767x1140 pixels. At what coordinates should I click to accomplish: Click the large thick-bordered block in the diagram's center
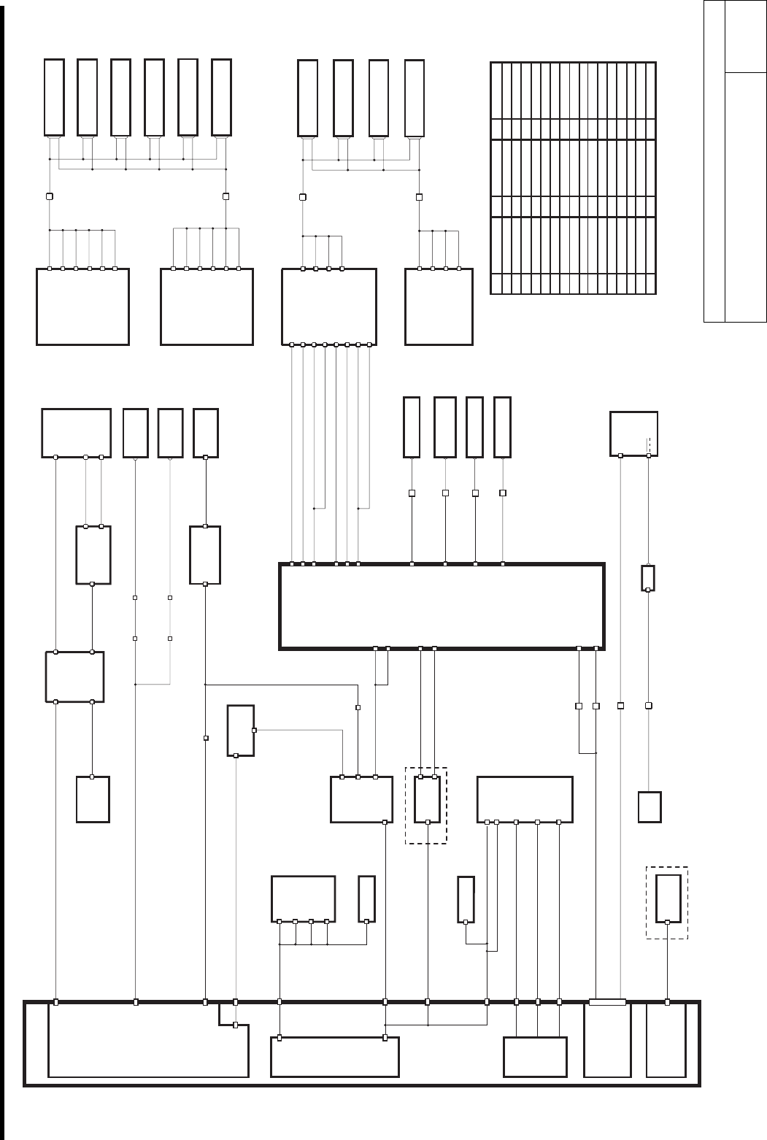pyautogui.click(x=442, y=606)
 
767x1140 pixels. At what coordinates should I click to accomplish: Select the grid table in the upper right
pyautogui.click(x=573, y=178)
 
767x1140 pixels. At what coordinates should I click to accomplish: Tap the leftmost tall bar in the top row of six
pyautogui.click(x=54, y=97)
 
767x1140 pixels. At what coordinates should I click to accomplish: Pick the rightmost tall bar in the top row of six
pyautogui.click(x=221, y=97)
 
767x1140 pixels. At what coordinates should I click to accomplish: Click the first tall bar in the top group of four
pyautogui.click(x=307, y=97)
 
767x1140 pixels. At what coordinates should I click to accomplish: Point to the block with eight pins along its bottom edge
pyautogui.click(x=329, y=307)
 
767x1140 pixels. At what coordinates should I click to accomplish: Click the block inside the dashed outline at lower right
pyautogui.click(x=668, y=898)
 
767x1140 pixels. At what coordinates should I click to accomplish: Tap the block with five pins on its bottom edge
pyautogui.click(x=524, y=799)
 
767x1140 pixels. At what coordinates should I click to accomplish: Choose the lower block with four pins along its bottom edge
pyautogui.click(x=303, y=898)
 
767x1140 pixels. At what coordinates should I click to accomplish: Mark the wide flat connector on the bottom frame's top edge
pyautogui.click(x=607, y=1002)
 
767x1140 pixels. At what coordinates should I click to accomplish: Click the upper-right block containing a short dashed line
pyautogui.click(x=633, y=434)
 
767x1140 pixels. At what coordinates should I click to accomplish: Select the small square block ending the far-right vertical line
pyautogui.click(x=650, y=806)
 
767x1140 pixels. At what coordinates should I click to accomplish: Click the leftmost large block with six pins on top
pyautogui.click(x=82, y=307)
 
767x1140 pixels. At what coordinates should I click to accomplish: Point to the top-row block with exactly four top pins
pyautogui.click(x=439, y=307)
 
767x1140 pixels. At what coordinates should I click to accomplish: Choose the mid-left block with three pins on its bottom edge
pyautogui.click(x=76, y=433)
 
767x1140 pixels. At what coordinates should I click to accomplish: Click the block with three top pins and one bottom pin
pyautogui.click(x=358, y=799)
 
